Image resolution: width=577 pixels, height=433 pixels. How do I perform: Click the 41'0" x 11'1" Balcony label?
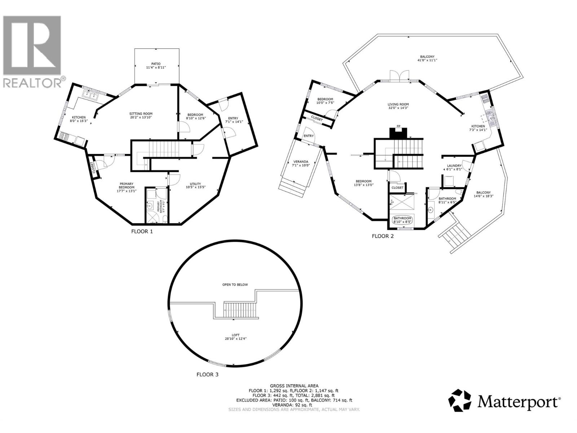[x=427, y=59]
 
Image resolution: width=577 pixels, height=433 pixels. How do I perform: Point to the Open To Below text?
[x=235, y=285]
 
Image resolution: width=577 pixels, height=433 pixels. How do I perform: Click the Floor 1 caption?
[x=142, y=231]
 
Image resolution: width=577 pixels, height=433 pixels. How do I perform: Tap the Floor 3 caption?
[x=207, y=375]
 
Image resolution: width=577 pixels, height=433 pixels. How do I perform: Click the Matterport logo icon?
[x=459, y=400]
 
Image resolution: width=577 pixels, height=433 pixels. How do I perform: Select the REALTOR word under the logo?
[x=32, y=83]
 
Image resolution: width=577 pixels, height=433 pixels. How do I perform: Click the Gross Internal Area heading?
[x=294, y=386]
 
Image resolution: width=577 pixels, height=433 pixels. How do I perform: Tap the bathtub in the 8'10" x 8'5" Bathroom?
[x=402, y=219]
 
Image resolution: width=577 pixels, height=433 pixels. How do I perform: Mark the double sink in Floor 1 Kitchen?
[x=91, y=95]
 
